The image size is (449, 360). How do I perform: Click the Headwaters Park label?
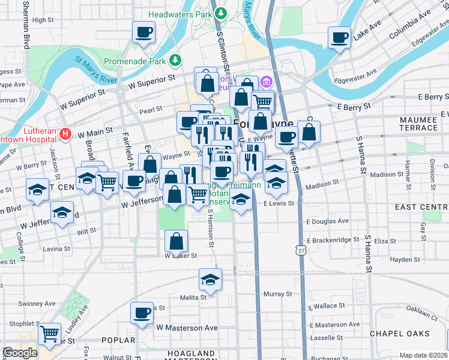(x=181, y=13)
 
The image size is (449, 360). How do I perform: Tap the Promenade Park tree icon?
(x=175, y=60)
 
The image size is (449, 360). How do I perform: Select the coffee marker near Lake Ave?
(x=339, y=38)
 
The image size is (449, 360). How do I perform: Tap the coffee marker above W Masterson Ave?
(x=142, y=312)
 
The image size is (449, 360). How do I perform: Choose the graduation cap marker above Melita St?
(x=210, y=279)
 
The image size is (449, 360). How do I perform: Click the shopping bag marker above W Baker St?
(x=176, y=242)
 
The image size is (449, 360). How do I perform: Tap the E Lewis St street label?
(x=279, y=203)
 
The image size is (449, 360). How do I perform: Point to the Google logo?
(x=20, y=353)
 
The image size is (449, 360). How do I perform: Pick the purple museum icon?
(x=266, y=80)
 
